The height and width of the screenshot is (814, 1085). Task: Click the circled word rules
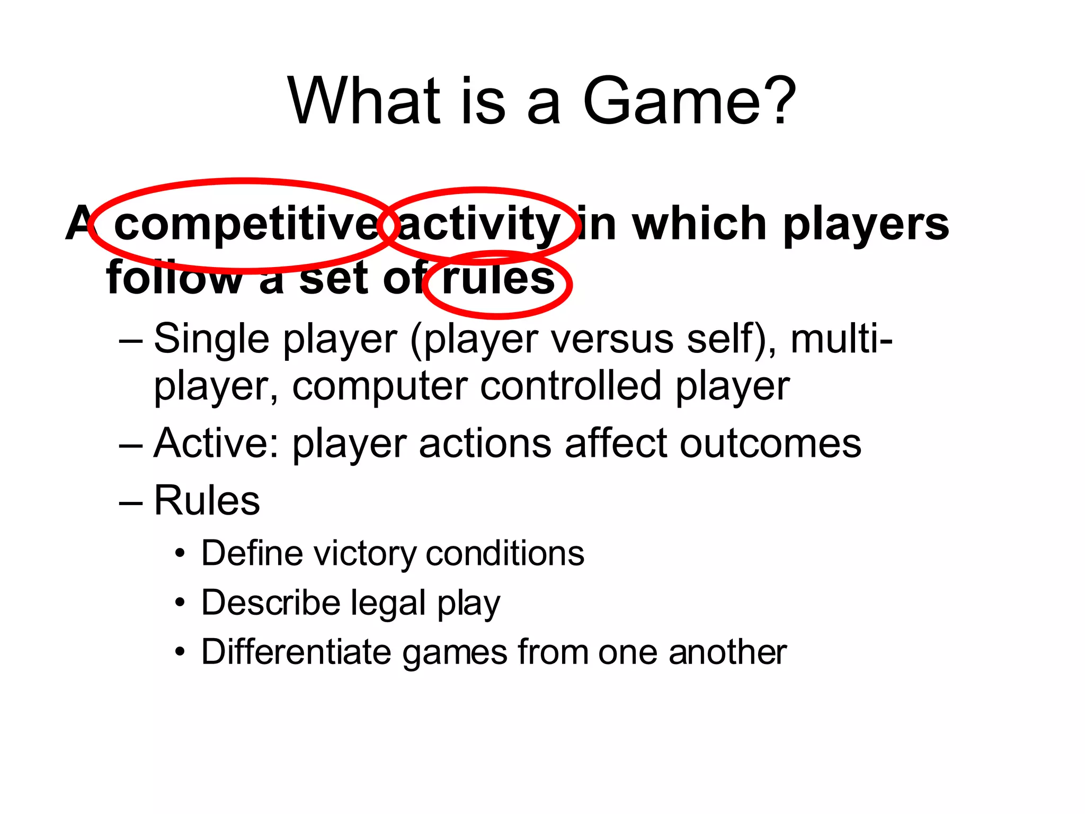click(x=497, y=279)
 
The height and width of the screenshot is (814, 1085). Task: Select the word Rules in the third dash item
click(x=207, y=500)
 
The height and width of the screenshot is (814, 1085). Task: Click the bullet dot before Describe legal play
click(x=181, y=603)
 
